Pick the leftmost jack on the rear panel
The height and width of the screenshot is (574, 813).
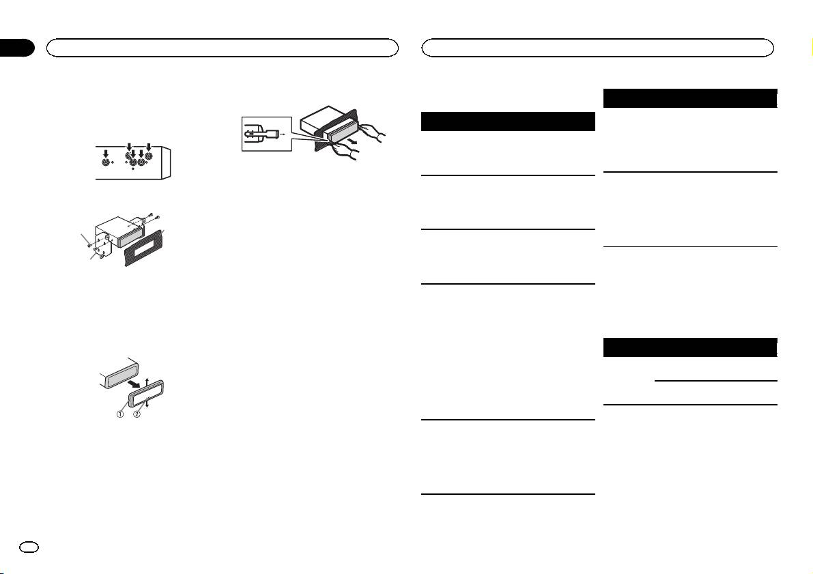tap(105, 164)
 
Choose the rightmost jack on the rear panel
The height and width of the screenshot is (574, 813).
tap(149, 164)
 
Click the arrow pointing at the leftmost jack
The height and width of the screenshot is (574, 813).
tap(105, 154)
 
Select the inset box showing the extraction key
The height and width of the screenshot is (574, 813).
tap(266, 134)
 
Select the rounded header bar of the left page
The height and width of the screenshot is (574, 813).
tap(222, 47)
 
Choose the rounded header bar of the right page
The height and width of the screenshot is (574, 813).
tap(598, 47)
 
